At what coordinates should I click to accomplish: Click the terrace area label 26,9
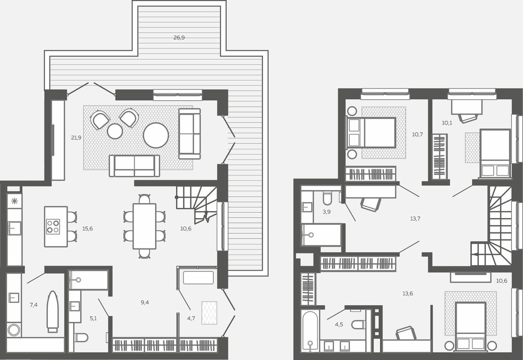tap(179, 38)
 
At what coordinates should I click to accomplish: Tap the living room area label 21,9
tap(76, 138)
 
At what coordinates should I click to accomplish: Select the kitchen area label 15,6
tap(87, 228)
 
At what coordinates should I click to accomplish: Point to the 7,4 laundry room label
tap(34, 305)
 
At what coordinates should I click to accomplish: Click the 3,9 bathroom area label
tap(326, 212)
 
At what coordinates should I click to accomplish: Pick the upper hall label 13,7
tap(416, 219)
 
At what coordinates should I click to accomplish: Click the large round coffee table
tap(156, 135)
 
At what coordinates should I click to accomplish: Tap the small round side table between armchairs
tap(115, 131)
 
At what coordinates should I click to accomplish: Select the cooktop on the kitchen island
tap(53, 226)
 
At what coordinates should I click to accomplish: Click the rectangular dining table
tap(145, 226)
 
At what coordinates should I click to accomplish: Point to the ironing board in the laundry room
tap(52, 311)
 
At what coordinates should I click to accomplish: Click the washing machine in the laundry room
tap(14, 330)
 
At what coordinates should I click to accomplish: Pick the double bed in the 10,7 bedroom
tap(371, 133)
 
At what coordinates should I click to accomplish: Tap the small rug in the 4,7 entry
tap(210, 313)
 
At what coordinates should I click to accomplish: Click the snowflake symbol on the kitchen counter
tap(14, 201)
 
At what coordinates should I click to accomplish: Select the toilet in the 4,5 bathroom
tap(358, 324)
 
